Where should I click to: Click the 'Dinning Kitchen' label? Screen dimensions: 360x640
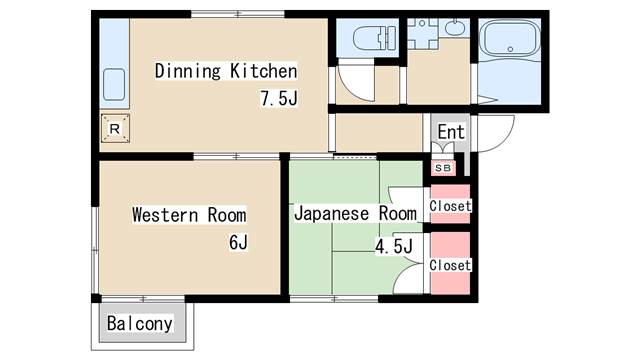225,71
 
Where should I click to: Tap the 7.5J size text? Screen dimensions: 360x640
279,98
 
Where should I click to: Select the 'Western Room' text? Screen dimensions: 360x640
189,214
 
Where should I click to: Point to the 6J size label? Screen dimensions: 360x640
237,242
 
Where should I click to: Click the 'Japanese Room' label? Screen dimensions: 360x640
354,214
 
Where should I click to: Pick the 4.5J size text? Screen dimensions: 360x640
393,245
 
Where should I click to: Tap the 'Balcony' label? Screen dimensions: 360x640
140,324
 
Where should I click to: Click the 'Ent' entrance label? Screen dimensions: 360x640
451,132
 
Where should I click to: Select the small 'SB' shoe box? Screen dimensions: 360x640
441,167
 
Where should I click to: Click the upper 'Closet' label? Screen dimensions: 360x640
450,206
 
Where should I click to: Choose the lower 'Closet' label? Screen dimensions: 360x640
450,265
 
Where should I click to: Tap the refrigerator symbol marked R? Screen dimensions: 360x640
115,129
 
